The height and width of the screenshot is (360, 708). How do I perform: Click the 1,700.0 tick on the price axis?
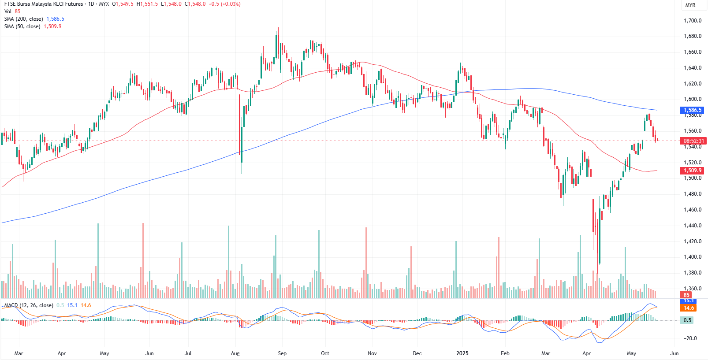[692, 21]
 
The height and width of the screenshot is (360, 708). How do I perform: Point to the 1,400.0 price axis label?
[692, 257]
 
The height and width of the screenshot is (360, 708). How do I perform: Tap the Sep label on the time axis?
[282, 353]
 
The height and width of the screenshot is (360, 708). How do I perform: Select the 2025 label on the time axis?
[462, 353]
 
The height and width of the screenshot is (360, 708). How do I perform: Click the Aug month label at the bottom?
[235, 353]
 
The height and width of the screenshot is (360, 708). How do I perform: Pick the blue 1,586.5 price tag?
[692, 110]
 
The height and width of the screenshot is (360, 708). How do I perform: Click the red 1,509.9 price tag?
[692, 171]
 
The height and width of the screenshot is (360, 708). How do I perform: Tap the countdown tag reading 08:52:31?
[693, 141]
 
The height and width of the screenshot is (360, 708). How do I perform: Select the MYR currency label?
[690, 5]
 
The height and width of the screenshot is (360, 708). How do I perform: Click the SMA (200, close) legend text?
[24, 19]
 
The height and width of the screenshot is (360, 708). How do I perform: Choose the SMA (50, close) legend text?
[22, 26]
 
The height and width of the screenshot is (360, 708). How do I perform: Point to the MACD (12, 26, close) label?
[29, 305]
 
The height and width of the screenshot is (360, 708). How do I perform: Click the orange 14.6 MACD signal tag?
[689, 308]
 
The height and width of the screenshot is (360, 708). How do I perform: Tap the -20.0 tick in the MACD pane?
[690, 338]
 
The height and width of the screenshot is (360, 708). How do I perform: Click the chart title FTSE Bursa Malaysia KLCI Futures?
[44, 4]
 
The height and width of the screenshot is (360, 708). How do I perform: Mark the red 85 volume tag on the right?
[686, 295]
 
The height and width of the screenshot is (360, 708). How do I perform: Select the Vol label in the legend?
[8, 11]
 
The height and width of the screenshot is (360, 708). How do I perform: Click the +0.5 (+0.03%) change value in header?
[224, 4]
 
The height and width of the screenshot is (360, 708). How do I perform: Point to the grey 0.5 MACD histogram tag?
[688, 320]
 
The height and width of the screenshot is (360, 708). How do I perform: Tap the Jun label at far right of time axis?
[674, 353]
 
